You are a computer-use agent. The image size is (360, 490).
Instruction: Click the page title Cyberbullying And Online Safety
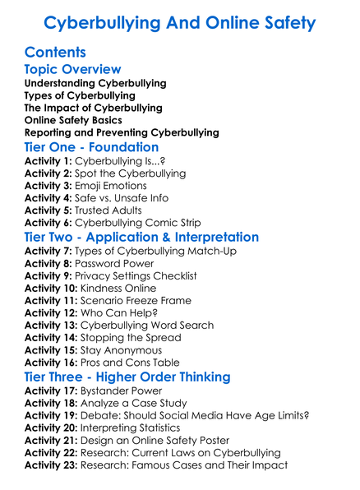point(179,22)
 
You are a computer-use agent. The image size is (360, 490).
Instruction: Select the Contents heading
point(55,53)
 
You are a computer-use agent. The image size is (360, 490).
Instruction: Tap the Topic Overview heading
point(72,70)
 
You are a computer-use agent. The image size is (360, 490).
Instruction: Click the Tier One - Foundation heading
point(92,147)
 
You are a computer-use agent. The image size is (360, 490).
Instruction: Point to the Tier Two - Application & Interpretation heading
point(141,237)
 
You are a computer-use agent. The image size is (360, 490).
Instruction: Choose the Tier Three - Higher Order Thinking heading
point(128,377)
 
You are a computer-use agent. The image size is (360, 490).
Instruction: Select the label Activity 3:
point(48,187)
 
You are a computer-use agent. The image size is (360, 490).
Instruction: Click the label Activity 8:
point(48,264)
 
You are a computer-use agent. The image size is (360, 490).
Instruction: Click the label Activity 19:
point(52,416)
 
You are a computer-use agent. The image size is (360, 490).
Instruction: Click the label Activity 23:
point(52,465)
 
